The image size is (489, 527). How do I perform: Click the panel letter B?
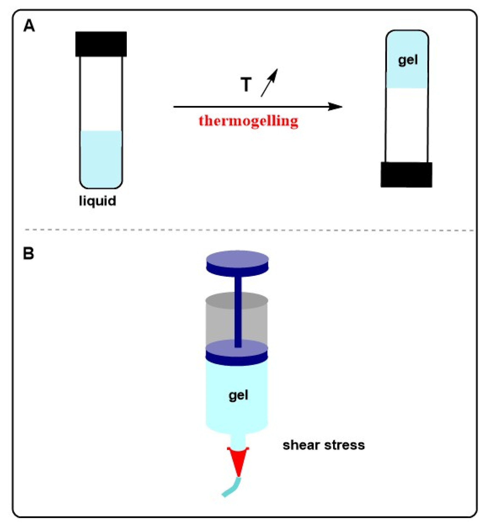[x=29, y=254]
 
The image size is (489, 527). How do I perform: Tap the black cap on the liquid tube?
[x=101, y=44]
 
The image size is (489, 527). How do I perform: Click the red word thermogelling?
[x=248, y=121]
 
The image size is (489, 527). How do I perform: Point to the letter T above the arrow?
[x=246, y=85]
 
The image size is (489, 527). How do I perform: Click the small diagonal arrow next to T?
[x=269, y=83]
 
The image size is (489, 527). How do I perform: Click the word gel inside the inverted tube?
[x=408, y=60]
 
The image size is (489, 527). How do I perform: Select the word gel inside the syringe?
[x=238, y=396]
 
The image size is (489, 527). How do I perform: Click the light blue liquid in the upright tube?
[x=101, y=158]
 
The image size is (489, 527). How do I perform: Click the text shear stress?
[x=323, y=445]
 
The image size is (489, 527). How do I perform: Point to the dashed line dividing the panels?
[x=249, y=230]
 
